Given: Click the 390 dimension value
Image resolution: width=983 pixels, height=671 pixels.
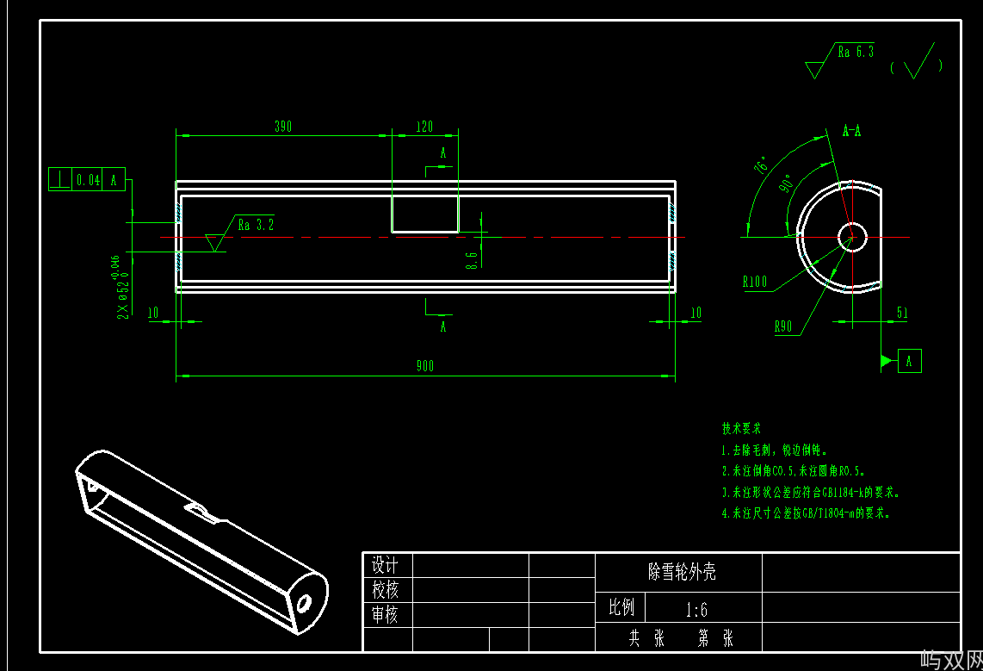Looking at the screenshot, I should pyautogui.click(x=283, y=127).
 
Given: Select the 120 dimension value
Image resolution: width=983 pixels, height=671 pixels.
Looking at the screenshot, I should pyautogui.click(x=424, y=127).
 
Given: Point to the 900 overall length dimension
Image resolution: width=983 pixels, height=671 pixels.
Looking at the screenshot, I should pyautogui.click(x=425, y=366).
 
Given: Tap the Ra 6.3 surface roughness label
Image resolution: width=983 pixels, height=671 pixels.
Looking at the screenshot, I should pyautogui.click(x=856, y=52).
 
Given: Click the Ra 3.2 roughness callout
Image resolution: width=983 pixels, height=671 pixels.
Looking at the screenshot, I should pyautogui.click(x=256, y=226).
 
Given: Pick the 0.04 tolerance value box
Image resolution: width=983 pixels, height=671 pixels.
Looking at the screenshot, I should pyautogui.click(x=89, y=180).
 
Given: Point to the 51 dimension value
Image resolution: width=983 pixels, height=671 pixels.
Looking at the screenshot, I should pyautogui.click(x=902, y=314).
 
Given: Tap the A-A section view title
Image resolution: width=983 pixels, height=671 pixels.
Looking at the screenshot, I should pyautogui.click(x=851, y=131).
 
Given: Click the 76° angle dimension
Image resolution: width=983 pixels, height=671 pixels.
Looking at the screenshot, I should pyautogui.click(x=762, y=165).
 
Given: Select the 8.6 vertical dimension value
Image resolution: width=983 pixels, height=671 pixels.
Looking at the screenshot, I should pyautogui.click(x=471, y=259).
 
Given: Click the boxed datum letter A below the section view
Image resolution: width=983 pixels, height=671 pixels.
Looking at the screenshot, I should pyautogui.click(x=910, y=361).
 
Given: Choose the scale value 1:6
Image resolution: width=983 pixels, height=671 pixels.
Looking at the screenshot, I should pyautogui.click(x=696, y=610).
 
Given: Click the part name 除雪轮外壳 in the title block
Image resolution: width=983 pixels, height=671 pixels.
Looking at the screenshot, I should pyautogui.click(x=682, y=572).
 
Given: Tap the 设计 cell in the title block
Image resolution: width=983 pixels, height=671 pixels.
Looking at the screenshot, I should pyautogui.click(x=385, y=565).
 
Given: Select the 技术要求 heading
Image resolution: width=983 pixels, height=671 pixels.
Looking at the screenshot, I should pyautogui.click(x=740, y=428).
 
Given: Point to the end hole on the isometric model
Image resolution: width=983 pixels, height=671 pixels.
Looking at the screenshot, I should pyautogui.click(x=303, y=602).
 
